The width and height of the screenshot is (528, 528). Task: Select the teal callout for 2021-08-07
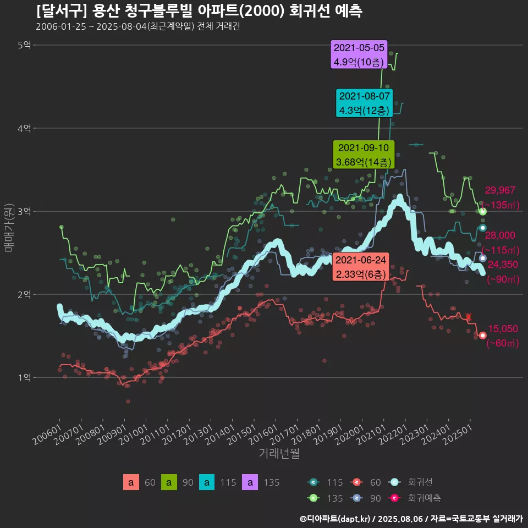pos(365,103)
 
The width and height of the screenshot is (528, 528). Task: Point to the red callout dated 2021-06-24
pos(360,267)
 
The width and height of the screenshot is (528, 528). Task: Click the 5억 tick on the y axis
pos(24,45)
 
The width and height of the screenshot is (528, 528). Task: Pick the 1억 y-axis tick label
pos(24,377)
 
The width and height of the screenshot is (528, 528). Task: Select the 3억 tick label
pos(24,211)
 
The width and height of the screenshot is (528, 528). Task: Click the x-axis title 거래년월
pos(279,454)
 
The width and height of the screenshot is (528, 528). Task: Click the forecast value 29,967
pos(500,191)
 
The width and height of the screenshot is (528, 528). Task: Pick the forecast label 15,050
pos(503,329)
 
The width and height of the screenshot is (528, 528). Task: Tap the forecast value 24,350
pos(503,265)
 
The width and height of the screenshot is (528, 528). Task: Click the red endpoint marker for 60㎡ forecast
pos(483,335)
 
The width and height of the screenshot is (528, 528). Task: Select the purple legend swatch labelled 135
pos(250,482)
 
